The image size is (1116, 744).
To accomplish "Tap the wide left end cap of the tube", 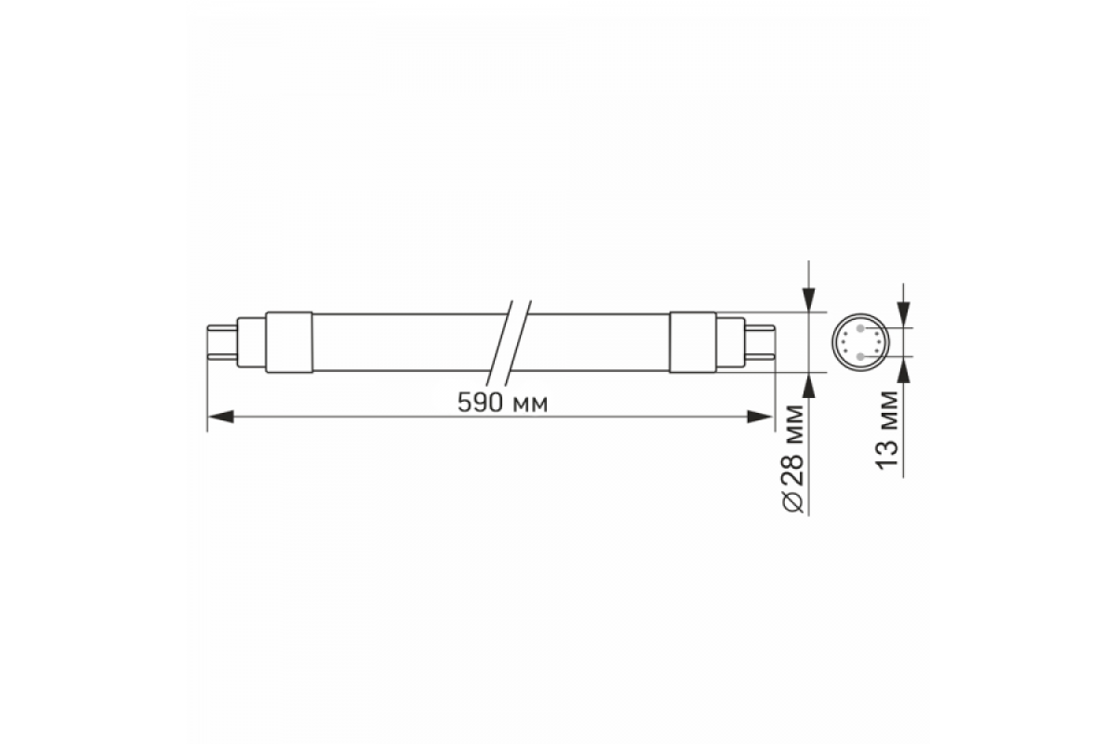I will click(x=290, y=342).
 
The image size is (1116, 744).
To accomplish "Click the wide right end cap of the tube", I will click(x=693, y=342).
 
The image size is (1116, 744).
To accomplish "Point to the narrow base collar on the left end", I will click(x=252, y=342).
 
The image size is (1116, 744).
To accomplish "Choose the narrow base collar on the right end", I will click(x=731, y=342).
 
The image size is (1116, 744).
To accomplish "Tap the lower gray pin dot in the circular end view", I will click(x=862, y=356).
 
